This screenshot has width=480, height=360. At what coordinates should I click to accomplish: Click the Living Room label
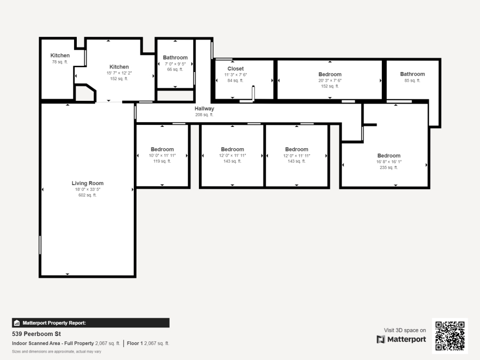87,183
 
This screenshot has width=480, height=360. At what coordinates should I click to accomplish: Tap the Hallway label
204,109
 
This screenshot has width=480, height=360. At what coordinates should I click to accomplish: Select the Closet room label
235,69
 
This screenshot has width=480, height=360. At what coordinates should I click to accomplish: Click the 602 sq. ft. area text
87,195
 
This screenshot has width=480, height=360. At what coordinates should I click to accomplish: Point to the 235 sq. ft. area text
389,167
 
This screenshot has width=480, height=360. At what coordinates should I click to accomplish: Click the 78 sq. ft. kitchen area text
60,62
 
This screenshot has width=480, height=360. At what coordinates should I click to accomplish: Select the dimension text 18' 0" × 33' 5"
87,189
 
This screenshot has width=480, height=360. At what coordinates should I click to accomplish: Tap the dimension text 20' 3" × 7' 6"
330,81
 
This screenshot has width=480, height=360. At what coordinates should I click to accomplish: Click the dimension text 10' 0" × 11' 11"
162,155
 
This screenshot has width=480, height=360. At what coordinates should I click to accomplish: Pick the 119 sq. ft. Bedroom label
162,149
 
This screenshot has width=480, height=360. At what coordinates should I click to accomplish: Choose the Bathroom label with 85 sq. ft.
412,74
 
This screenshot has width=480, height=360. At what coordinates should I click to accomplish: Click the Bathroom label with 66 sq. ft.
175,58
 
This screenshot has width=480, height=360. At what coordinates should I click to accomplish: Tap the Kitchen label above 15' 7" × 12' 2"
119,67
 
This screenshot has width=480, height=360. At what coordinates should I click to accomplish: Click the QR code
450,335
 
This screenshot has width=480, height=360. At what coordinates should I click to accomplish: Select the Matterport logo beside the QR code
401,339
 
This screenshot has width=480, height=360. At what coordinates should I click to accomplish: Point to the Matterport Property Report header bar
90,323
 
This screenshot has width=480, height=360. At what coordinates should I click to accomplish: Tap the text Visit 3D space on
405,330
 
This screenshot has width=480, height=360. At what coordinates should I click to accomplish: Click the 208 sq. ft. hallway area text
204,115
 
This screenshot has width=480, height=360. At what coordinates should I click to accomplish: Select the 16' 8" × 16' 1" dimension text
389,162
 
